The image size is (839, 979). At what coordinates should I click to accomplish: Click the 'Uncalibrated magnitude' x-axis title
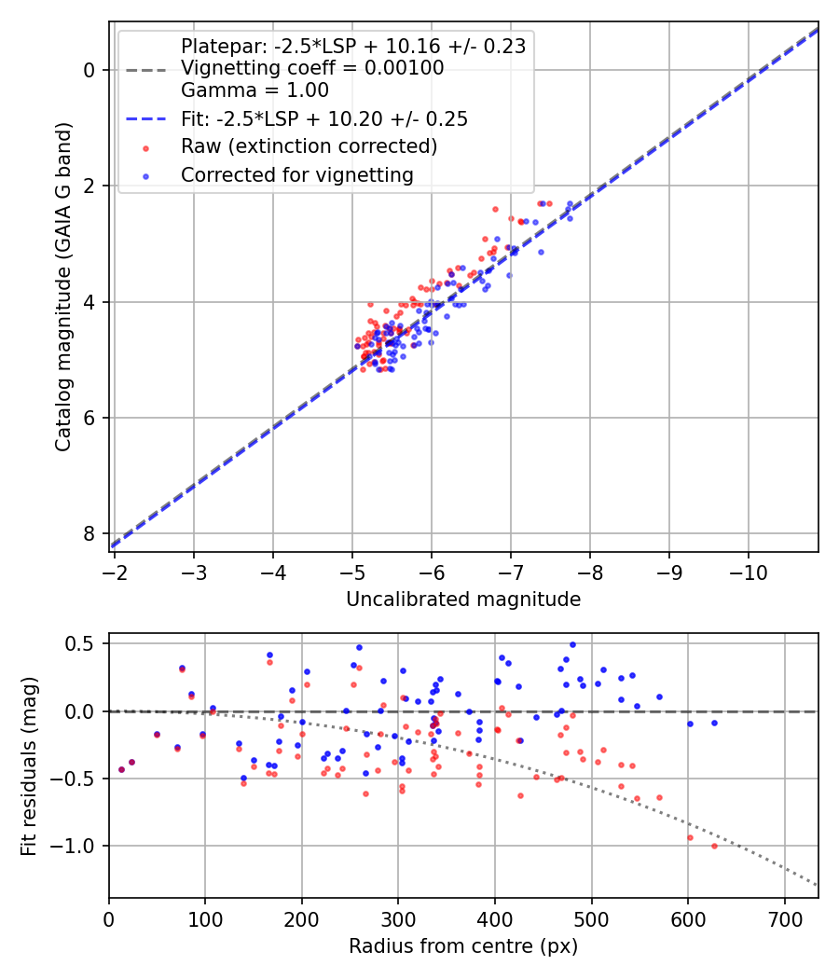tap(463, 600)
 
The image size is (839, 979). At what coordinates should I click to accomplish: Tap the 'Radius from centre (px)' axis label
tap(463, 946)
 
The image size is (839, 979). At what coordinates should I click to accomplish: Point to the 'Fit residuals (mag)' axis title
tap(29, 765)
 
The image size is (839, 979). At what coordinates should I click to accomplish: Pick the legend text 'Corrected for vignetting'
tap(297, 174)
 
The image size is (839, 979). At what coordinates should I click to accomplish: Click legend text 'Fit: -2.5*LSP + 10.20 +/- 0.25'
tap(323, 119)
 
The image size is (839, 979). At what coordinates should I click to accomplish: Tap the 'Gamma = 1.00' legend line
tap(254, 91)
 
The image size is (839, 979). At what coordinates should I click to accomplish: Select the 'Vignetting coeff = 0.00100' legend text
tap(312, 68)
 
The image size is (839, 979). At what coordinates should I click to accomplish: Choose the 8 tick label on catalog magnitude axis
tap(89, 533)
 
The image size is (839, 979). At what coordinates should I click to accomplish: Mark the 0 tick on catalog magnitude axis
tap(89, 70)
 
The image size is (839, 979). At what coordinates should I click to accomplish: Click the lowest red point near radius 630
tap(714, 846)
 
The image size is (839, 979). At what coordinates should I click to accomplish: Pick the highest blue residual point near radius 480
tap(572, 644)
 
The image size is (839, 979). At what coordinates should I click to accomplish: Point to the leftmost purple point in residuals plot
tap(121, 769)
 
